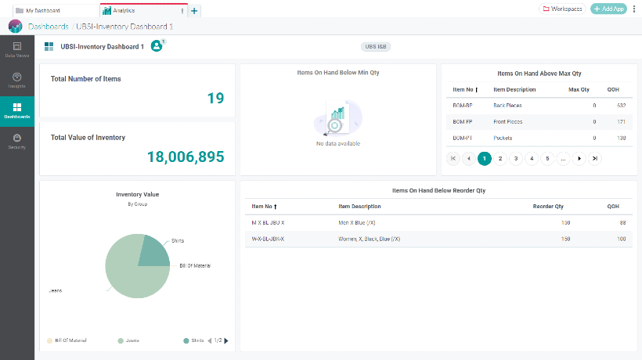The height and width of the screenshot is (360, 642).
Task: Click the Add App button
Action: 608,9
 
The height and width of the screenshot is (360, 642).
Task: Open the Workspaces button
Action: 562,9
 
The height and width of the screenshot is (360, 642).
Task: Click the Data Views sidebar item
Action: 17,50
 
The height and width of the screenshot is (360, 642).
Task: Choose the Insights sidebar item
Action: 17,81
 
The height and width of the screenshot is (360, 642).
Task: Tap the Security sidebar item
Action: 17,142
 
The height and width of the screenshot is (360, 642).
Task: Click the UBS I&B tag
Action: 376,47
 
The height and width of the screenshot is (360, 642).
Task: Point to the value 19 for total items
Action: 215,99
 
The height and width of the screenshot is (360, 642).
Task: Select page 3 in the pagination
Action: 516,159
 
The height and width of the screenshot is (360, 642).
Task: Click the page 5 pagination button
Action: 547,159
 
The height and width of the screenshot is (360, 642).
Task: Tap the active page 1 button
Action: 485,159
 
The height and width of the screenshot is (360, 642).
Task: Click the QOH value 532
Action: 621,105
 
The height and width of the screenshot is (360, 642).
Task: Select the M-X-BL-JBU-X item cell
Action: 268,223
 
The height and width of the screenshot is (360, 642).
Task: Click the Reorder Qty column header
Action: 548,207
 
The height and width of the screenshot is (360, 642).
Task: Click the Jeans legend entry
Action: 129,340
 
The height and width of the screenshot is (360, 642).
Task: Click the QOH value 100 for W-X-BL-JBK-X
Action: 621,239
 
